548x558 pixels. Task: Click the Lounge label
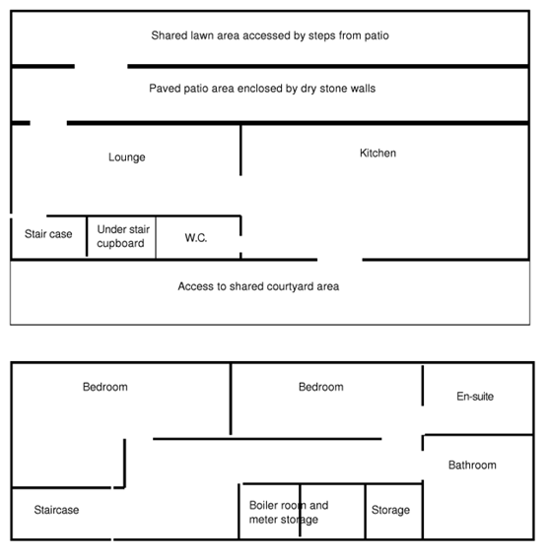click(x=127, y=156)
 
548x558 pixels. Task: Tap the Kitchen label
click(x=377, y=153)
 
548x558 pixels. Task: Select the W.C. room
click(x=198, y=238)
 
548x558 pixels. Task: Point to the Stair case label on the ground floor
click(x=48, y=234)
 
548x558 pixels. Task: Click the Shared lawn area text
click(x=270, y=35)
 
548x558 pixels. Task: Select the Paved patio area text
click(x=262, y=89)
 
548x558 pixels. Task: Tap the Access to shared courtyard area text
click(x=258, y=286)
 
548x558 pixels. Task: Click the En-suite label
click(x=475, y=396)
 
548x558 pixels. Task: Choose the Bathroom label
click(x=472, y=465)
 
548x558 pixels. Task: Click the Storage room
click(x=393, y=512)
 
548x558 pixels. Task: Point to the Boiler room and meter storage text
click(x=289, y=512)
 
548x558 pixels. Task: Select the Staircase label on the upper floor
click(x=56, y=510)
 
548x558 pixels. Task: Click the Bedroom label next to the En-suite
click(x=321, y=387)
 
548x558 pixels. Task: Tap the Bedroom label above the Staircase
click(x=105, y=387)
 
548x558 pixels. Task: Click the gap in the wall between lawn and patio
click(x=102, y=66)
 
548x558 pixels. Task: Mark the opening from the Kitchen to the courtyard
click(x=340, y=260)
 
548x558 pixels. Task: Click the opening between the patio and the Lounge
click(x=48, y=123)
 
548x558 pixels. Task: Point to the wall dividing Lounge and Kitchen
click(x=240, y=151)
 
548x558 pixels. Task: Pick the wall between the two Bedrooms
click(x=231, y=399)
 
